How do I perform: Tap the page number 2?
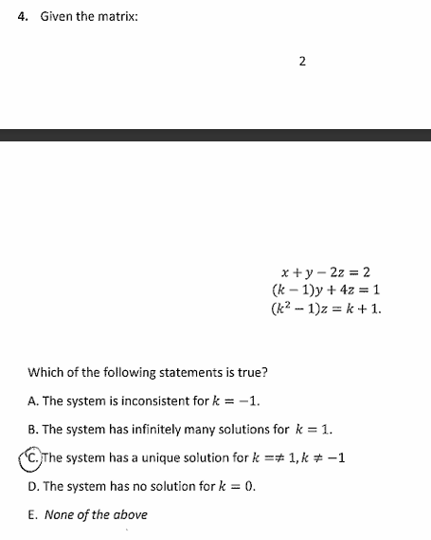coord(301,63)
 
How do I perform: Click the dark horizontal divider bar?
coord(215,136)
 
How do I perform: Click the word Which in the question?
coord(45,370)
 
